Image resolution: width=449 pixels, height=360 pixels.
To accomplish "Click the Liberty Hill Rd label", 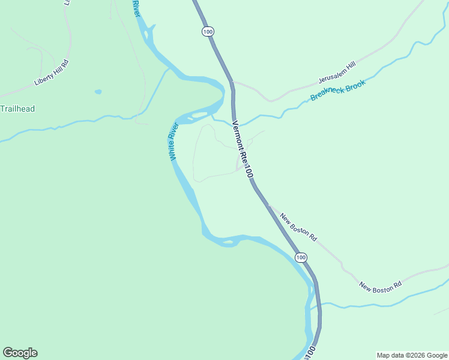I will pos(51,72).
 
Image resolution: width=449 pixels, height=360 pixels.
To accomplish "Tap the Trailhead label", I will pos(17,109).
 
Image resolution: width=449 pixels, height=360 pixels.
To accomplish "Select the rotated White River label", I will pos(174,141).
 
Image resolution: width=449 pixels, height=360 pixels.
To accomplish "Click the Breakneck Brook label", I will pos(337,90).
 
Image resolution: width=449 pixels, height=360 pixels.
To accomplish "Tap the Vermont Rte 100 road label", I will pos(243,149).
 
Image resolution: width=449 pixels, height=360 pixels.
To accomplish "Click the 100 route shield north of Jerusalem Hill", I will pos(208,31).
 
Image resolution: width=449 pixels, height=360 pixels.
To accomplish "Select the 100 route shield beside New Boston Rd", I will pos(301,257).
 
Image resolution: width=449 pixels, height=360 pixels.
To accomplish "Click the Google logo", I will pos(20,353).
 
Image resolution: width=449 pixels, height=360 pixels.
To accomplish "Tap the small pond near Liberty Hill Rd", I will pos(98,92).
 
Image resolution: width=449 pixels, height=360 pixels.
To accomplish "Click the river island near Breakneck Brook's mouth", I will pos(199,114).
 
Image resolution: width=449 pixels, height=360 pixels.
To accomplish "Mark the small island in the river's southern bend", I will pos(228,242).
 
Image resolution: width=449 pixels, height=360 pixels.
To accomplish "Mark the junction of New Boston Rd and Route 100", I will pos(268,206).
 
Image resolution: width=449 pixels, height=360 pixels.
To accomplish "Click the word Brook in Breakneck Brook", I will pos(353,85).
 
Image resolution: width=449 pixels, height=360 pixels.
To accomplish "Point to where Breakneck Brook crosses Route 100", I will pos(235,120).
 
